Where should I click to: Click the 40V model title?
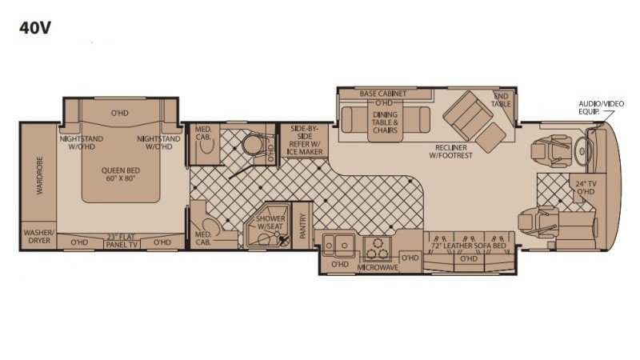click(34, 28)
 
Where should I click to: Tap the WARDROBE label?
click(39, 175)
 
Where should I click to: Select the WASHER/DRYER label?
click(38, 237)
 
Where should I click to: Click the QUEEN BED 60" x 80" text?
click(121, 174)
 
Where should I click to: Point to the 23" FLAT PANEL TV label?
click(121, 241)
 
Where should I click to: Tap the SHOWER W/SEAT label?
click(270, 222)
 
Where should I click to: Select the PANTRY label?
click(302, 226)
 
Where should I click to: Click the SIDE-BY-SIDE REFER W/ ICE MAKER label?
click(305, 140)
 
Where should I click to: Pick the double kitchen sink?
click(338, 246)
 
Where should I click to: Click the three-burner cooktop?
click(377, 249)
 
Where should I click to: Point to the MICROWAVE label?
click(378, 267)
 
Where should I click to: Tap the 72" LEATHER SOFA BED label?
click(469, 246)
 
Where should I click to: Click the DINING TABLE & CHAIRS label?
click(385, 122)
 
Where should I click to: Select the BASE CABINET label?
click(383, 94)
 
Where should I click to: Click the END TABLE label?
click(501, 100)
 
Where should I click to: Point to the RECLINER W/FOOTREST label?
click(450, 151)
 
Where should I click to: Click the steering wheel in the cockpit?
click(583, 152)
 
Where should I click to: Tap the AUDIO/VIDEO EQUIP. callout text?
click(602, 107)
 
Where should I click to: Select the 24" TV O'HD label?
click(586, 188)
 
